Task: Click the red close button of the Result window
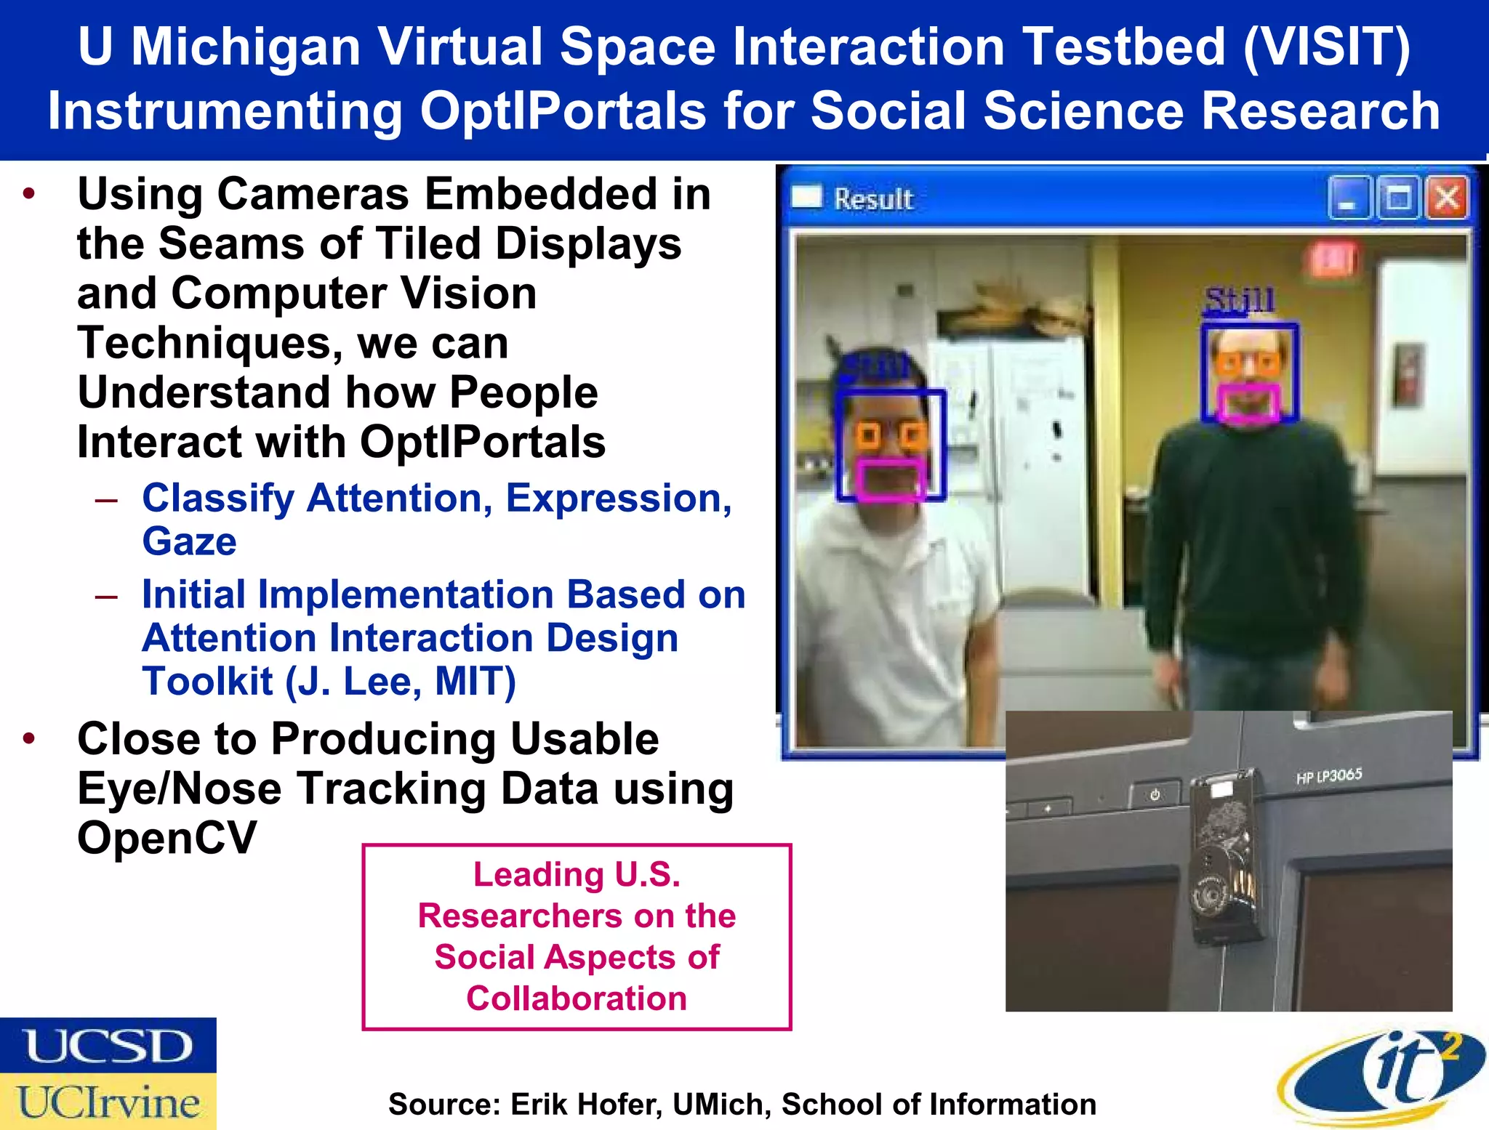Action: click(x=1446, y=198)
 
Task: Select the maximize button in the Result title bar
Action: click(x=1397, y=198)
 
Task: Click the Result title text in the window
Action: click(x=873, y=199)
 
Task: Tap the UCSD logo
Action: click(x=108, y=1045)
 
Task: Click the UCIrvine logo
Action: click(x=108, y=1102)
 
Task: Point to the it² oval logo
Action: click(x=1381, y=1075)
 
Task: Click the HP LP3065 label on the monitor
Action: click(x=1328, y=776)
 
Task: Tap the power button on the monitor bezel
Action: click(x=1155, y=794)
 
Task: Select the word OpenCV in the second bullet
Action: click(x=166, y=838)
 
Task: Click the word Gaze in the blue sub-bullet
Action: click(x=189, y=542)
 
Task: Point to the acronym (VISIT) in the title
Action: click(x=1326, y=47)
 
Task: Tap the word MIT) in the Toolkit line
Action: click(x=475, y=682)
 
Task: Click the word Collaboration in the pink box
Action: click(x=577, y=998)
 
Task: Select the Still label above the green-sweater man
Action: click(x=1240, y=300)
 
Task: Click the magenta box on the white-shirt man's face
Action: click(x=889, y=480)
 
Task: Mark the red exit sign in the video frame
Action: click(x=1333, y=259)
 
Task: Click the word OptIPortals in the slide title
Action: click(x=563, y=111)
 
